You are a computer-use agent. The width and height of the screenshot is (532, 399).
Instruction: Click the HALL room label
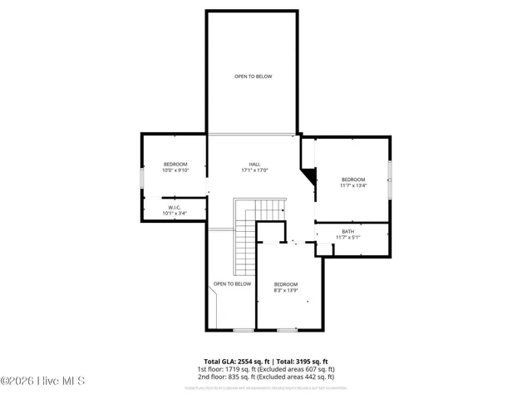tap(254, 164)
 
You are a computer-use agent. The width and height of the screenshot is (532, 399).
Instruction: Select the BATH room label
tap(347, 231)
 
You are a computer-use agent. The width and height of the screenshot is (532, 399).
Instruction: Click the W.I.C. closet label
tap(175, 207)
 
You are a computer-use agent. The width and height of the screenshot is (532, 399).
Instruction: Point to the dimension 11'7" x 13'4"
tap(352, 186)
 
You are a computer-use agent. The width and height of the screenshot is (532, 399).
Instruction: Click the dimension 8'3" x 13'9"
tap(286, 291)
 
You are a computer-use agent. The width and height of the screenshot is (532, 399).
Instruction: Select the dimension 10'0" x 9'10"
tap(175, 170)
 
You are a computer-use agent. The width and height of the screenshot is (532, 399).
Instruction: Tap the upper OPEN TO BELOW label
tap(253, 76)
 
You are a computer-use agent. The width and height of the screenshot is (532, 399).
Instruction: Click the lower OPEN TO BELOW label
tap(232, 284)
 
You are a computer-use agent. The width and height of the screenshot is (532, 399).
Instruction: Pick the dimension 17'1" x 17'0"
tap(254, 170)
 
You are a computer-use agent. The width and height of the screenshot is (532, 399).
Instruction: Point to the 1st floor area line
tap(265, 368)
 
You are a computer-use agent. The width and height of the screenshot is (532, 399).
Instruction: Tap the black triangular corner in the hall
tap(310, 176)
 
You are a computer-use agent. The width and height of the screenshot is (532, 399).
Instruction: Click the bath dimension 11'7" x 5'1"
tap(347, 238)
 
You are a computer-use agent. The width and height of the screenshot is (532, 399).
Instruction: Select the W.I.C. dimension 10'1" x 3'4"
tap(175, 214)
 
